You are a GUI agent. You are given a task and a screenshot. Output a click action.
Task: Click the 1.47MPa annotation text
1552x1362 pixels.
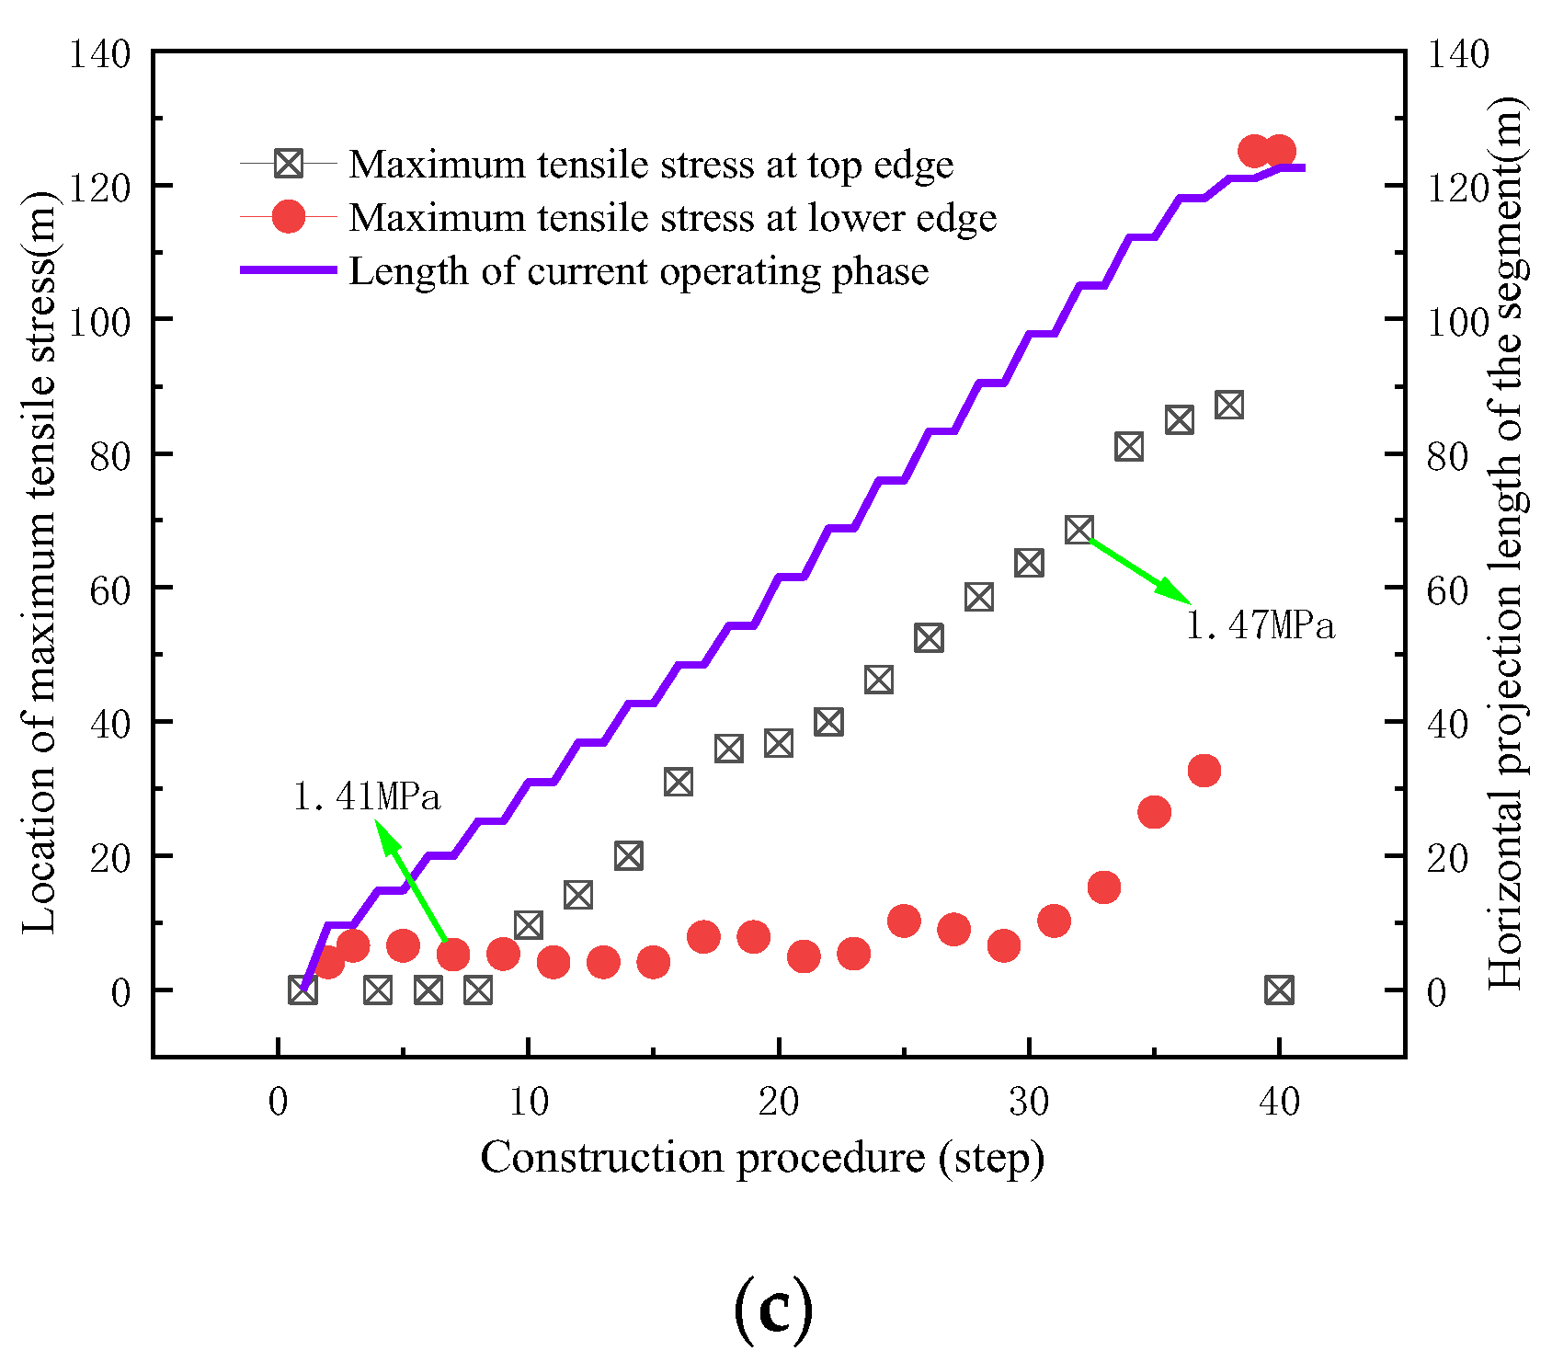point(1261,626)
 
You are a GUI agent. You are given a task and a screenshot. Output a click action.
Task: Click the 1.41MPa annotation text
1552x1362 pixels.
point(367,796)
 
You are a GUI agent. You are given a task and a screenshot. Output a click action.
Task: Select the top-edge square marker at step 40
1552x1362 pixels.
point(1279,990)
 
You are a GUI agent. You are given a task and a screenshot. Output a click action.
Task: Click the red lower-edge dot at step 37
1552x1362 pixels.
point(1204,771)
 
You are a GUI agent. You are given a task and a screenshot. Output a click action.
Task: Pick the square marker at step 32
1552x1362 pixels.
point(1079,530)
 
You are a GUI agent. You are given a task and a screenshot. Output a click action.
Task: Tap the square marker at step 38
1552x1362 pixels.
point(1229,405)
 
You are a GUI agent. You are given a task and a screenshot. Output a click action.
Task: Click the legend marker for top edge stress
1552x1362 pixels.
point(289,165)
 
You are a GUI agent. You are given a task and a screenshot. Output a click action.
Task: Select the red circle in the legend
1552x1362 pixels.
point(289,218)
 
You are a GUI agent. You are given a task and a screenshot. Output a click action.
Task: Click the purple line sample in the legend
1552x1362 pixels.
point(289,271)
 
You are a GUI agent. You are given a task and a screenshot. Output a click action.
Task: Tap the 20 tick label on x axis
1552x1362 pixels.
point(778,1101)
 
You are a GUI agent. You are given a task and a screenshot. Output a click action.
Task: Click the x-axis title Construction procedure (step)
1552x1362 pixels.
point(762,1158)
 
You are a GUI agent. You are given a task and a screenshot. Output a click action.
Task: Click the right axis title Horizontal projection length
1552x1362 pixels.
point(1506,543)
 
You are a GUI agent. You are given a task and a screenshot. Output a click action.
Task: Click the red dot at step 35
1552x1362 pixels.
point(1154,812)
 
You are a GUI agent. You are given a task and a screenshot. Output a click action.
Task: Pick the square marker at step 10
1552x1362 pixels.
point(528,925)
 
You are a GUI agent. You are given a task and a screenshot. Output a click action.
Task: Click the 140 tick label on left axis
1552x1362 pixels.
point(100,53)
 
